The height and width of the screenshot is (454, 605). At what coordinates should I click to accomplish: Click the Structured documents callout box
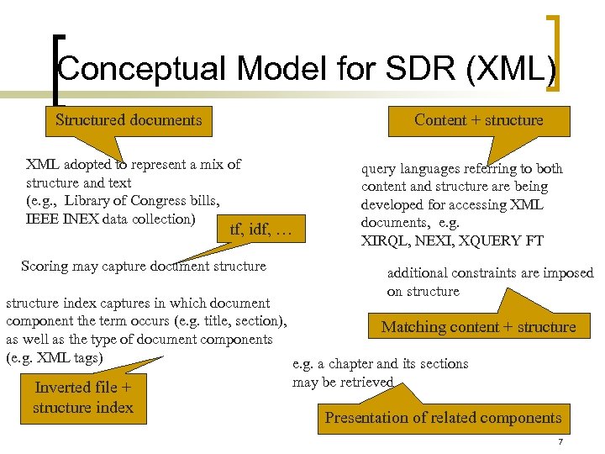click(x=129, y=120)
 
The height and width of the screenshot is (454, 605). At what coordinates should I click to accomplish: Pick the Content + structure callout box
click(x=479, y=120)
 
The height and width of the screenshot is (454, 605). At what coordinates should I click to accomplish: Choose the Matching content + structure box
click(x=479, y=327)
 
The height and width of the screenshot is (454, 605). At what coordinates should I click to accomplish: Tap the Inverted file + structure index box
click(x=83, y=398)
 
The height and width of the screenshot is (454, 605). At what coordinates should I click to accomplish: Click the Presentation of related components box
click(x=443, y=418)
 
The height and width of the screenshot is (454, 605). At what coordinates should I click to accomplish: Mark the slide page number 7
click(x=559, y=443)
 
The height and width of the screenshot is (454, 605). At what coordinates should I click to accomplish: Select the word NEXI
click(x=434, y=240)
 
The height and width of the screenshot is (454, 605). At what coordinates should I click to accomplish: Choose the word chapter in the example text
click(x=346, y=364)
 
